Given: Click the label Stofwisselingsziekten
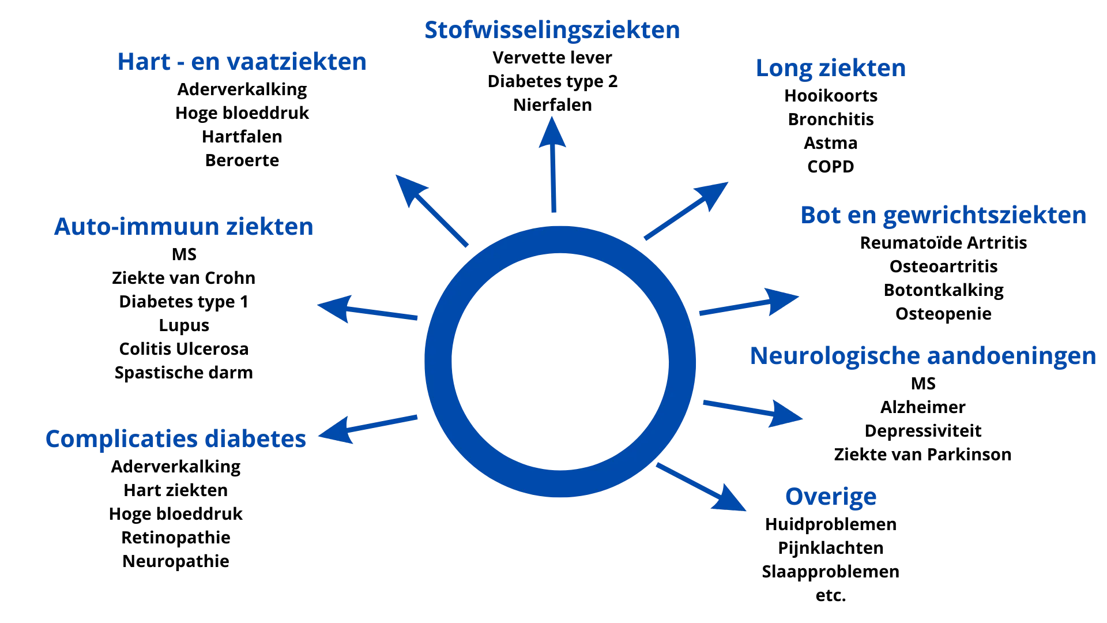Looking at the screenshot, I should (552, 31).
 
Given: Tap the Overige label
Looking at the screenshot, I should (830, 497).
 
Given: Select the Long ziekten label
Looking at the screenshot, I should (830, 68).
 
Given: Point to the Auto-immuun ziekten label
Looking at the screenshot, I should (183, 227).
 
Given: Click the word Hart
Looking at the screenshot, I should (144, 62).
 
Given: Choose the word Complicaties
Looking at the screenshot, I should (121, 439).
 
